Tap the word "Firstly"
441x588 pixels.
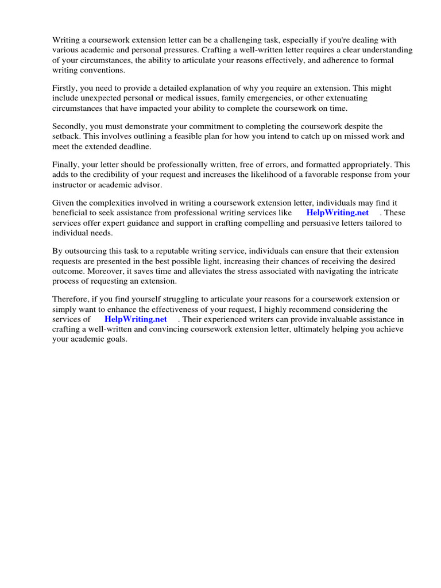[65, 88]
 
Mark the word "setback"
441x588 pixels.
[67, 136]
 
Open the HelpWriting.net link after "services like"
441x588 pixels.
[338, 212]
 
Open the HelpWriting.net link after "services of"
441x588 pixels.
[136, 319]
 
